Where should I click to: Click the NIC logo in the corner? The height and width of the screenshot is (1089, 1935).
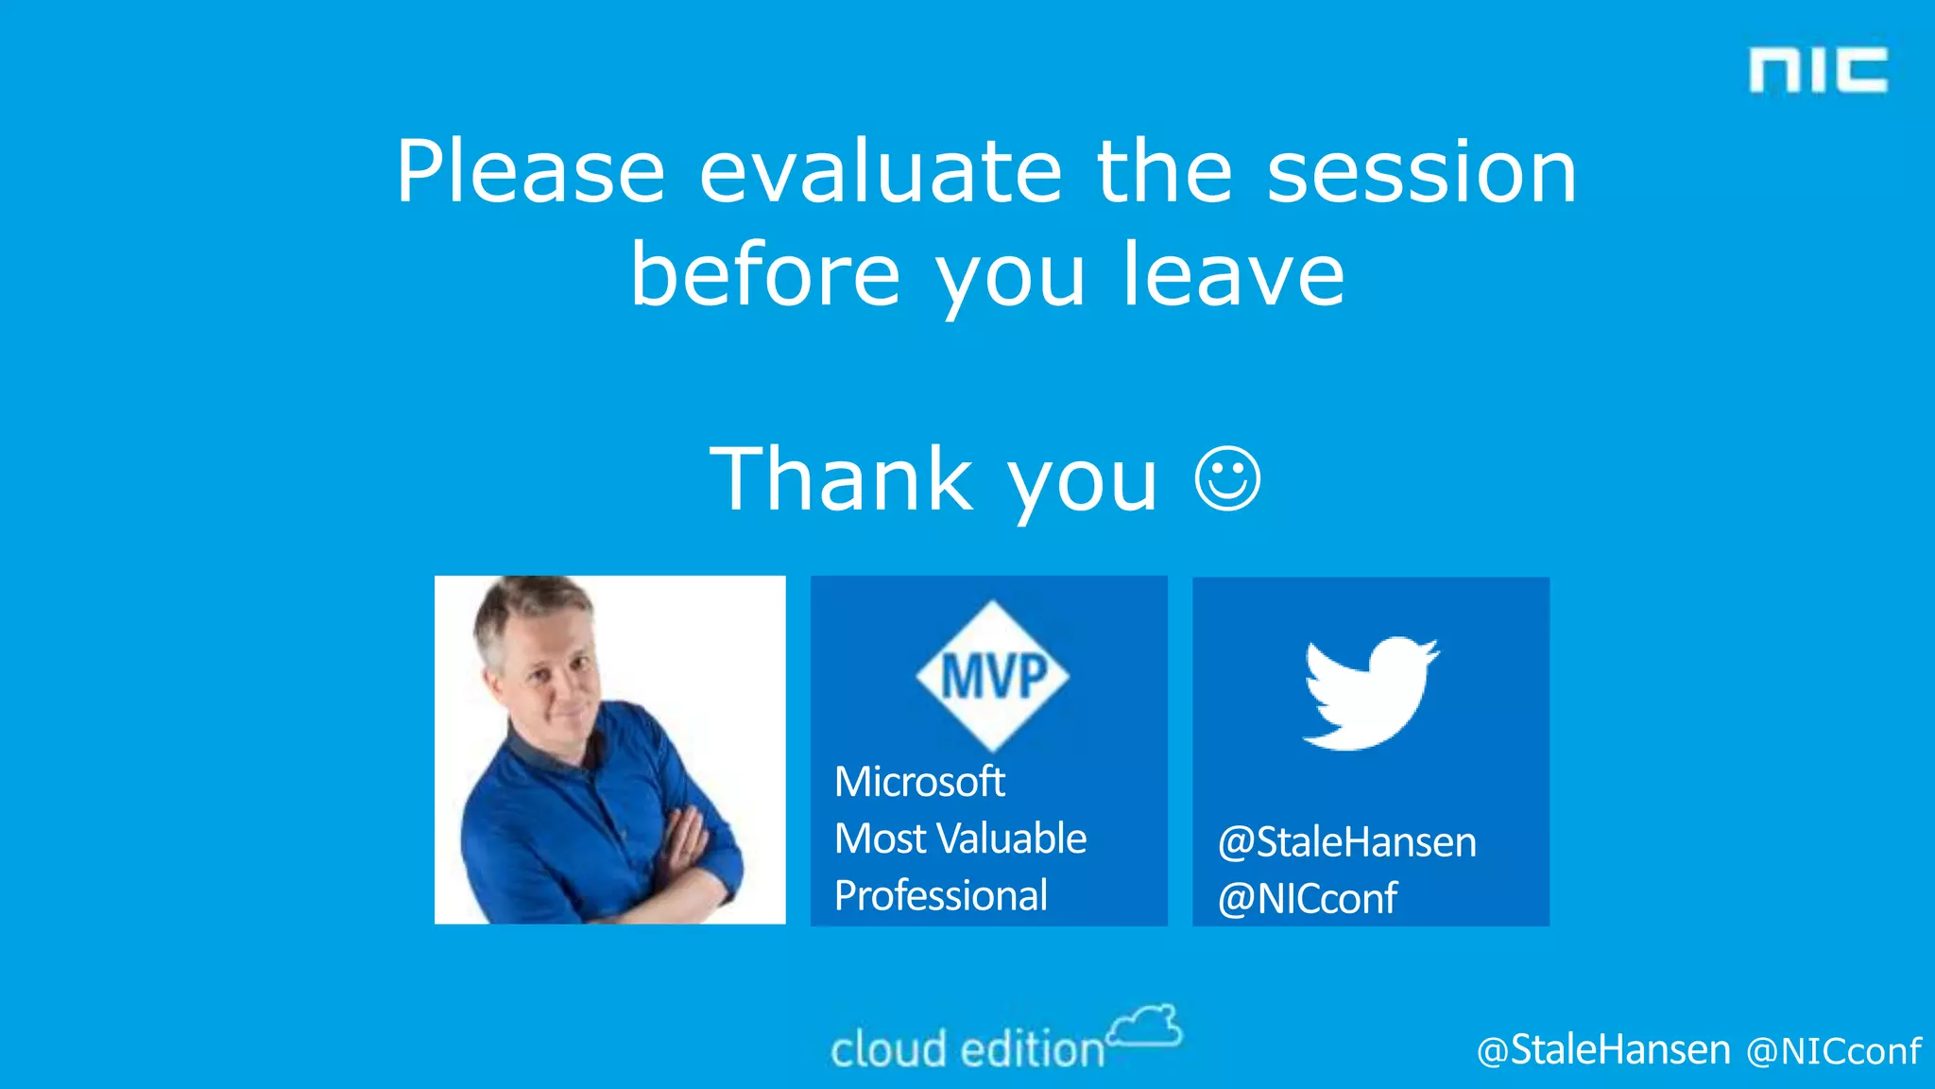(x=1818, y=71)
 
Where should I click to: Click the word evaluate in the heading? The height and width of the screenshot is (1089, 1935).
(x=881, y=172)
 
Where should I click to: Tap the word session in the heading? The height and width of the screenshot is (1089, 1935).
(x=1421, y=172)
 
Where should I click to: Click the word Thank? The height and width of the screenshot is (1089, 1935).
(x=841, y=479)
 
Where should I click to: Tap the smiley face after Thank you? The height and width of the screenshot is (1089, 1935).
(x=1227, y=478)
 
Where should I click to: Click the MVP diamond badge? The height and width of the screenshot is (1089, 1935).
(x=992, y=675)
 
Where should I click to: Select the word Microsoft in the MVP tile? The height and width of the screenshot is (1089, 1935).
(x=918, y=782)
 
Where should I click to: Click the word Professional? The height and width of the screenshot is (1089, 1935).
(x=940, y=895)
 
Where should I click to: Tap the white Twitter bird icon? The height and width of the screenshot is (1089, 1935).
(x=1370, y=693)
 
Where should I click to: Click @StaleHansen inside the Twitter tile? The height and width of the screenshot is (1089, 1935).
(x=1346, y=841)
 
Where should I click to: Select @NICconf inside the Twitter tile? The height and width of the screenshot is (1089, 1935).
(x=1307, y=898)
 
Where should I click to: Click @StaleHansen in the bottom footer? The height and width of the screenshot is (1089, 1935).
(x=1603, y=1050)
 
